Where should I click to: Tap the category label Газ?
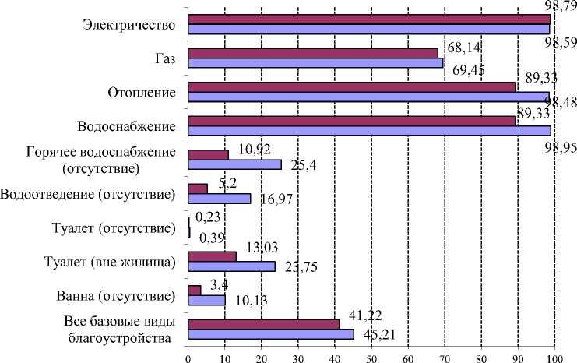[164, 58]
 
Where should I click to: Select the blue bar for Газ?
[316, 63]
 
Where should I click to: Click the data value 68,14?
[459, 48]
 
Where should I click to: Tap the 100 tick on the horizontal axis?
[552, 357]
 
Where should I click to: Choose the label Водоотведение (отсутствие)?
[87, 193]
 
